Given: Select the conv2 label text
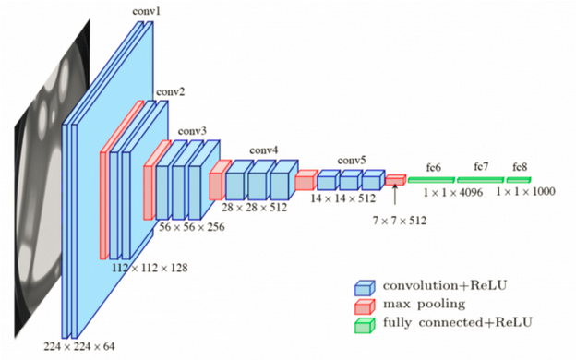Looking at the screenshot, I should point(170,92).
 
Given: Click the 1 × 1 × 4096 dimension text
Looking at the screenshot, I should point(454,193).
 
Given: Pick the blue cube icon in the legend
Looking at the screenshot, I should point(365,285).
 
